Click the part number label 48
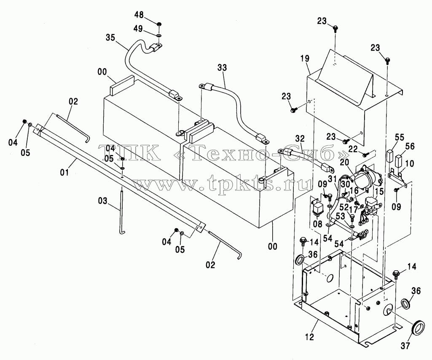[x=139, y=15]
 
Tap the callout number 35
[x=110, y=38]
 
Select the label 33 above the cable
[x=222, y=67]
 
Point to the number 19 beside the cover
[x=305, y=59]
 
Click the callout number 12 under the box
[x=310, y=337]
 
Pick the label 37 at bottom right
[x=405, y=346]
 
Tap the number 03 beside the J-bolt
[x=102, y=201]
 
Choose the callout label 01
[x=64, y=173]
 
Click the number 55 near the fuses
[x=399, y=137]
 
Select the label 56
[x=410, y=146]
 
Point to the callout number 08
[x=318, y=224]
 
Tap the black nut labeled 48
[x=159, y=25]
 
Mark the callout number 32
[x=301, y=139]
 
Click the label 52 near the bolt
[x=343, y=207]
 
